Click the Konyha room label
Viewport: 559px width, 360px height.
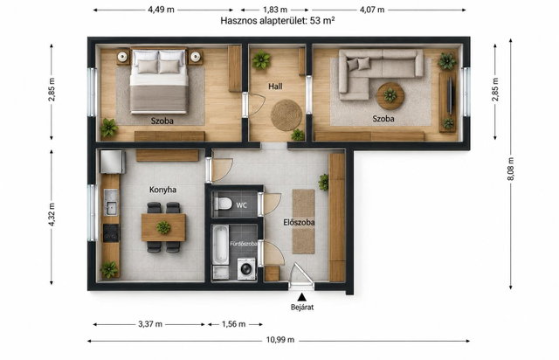(162, 190)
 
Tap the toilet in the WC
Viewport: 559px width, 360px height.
(223, 204)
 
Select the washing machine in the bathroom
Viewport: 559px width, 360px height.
(246, 268)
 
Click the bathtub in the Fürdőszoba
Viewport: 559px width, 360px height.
(221, 246)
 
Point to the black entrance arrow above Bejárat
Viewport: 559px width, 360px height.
(302, 296)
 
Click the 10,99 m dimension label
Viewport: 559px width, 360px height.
(280, 340)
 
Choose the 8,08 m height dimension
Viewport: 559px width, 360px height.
(510, 169)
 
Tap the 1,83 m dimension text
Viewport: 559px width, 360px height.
(275, 10)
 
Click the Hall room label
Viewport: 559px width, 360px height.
(275, 87)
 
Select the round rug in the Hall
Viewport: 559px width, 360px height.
(286, 114)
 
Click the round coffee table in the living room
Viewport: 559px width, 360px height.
(390, 95)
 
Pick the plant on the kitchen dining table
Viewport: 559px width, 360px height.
(163, 227)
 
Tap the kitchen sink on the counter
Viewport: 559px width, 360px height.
(111, 203)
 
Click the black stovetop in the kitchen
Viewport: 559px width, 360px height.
(111, 233)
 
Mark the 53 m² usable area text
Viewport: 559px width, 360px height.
(322, 20)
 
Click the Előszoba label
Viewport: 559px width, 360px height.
(299, 223)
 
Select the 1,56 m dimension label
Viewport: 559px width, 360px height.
(233, 324)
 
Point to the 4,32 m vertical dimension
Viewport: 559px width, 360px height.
(52, 214)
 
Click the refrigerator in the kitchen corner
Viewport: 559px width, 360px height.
(113, 162)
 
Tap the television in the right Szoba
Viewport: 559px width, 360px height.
(450, 95)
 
